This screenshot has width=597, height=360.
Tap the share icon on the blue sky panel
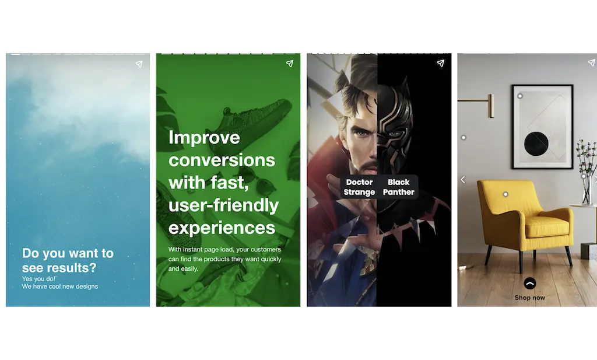click(x=139, y=64)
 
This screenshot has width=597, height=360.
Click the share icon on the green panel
click(x=290, y=63)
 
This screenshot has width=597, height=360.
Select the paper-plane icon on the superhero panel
click(x=441, y=63)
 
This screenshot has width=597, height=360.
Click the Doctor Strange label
click(x=359, y=187)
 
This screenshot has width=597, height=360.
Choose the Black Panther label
click(x=399, y=187)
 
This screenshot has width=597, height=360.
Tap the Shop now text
click(x=529, y=298)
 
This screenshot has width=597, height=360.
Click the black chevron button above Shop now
click(x=529, y=284)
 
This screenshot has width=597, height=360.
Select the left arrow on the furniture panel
click(x=462, y=180)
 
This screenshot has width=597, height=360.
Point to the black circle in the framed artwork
click(x=536, y=144)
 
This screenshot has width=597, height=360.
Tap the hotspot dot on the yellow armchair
click(x=505, y=194)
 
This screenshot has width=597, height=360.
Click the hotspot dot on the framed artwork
click(x=520, y=96)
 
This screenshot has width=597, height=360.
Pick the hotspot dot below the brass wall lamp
click(x=463, y=138)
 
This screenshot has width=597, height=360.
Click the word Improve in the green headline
click(x=204, y=138)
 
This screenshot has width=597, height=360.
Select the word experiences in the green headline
click(x=222, y=228)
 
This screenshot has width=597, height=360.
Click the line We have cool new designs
click(x=60, y=286)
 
